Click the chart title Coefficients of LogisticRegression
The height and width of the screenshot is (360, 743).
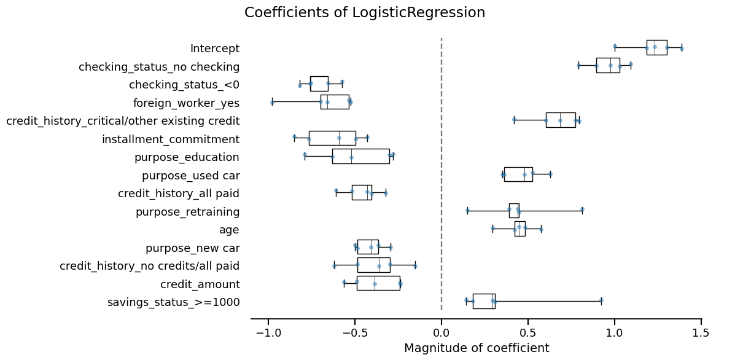pos(365,13)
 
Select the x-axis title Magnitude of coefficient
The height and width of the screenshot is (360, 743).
pos(477,348)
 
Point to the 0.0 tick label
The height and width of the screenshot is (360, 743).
pos(442,333)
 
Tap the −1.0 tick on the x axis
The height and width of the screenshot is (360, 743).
pos(268,333)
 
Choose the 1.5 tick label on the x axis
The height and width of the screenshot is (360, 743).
pos(701,333)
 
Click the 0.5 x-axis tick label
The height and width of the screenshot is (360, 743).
pos(528,333)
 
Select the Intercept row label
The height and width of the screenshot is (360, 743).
pos(215,49)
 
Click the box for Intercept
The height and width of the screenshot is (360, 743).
pos(656,47)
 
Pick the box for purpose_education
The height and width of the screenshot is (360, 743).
pos(360,156)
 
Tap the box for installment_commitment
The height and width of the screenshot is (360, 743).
pos(332,138)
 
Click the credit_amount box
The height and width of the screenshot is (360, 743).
pos(378,283)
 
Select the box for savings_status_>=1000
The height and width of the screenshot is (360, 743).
pos(484,301)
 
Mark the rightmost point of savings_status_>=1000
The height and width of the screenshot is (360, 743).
pos(601,300)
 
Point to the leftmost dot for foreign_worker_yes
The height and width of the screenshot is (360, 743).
pos(272,103)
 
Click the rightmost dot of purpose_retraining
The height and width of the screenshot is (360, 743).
pos(582,209)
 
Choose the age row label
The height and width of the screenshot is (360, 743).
pos(229,230)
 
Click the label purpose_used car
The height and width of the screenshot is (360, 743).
pos(190,176)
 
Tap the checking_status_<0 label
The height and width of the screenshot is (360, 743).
pos(184,85)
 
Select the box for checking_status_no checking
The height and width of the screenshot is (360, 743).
pos(608,65)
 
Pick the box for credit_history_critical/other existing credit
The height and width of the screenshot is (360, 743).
pos(561,120)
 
